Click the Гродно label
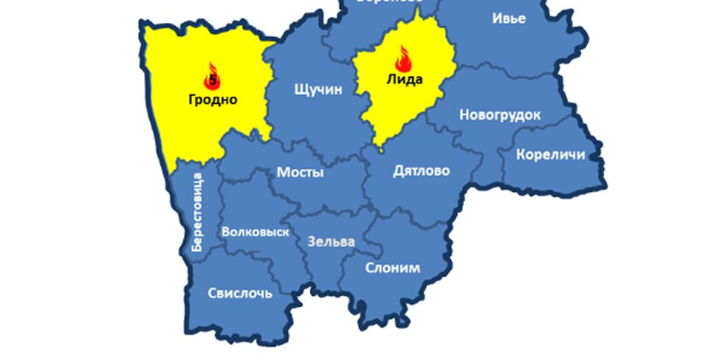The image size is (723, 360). pyautogui.click(x=212, y=100)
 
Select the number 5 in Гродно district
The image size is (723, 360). pyautogui.click(x=213, y=80)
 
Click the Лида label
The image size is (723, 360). pyautogui.click(x=404, y=79)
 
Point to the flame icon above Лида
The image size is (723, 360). pyautogui.click(x=404, y=58)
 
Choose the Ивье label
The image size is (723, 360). pyautogui.click(x=509, y=18)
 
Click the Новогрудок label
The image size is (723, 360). pyautogui.click(x=499, y=115)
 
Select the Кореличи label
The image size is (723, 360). pyautogui.click(x=550, y=154)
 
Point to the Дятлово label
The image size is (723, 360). pyautogui.click(x=421, y=171)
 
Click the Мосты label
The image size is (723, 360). pyautogui.click(x=300, y=172)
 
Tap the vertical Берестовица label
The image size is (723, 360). pyautogui.click(x=196, y=212)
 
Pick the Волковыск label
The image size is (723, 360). pyautogui.click(x=255, y=232)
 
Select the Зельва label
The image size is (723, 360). pyautogui.click(x=331, y=241)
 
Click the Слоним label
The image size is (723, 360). pyautogui.click(x=392, y=268)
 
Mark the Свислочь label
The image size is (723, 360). pyautogui.click(x=240, y=293)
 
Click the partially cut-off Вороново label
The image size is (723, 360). pyautogui.click(x=389, y=2)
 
